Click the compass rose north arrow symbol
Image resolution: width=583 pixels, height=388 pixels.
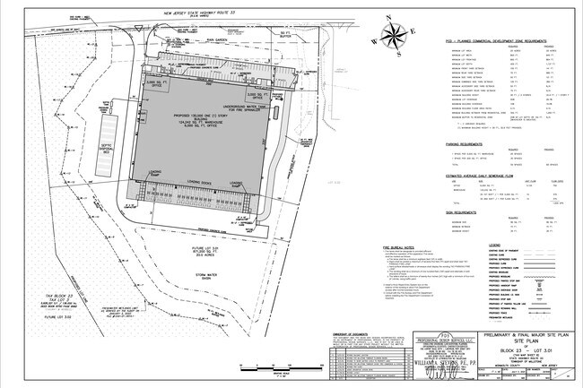click(x=391, y=35)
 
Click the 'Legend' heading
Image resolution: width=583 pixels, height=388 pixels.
click(x=493, y=245)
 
